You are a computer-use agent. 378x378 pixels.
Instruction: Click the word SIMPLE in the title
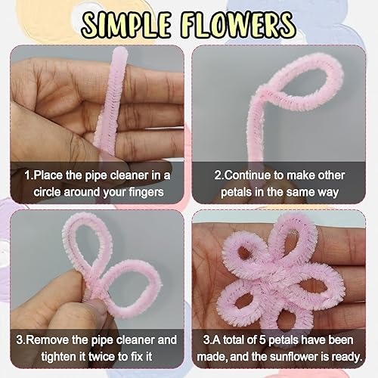click(125, 24)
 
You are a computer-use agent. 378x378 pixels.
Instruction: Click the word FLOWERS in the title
click(237, 24)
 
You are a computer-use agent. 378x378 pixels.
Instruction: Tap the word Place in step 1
click(48, 175)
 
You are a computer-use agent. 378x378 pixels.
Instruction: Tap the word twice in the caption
click(102, 357)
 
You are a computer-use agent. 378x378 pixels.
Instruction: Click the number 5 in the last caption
click(262, 340)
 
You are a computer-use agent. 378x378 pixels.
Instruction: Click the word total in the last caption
click(234, 339)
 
